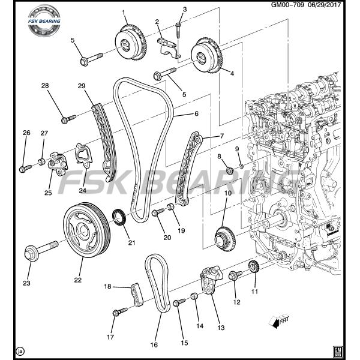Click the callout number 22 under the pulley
tap(78, 280)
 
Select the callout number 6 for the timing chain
tap(196, 113)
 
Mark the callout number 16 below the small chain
tap(154, 345)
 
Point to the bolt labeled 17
tap(119, 312)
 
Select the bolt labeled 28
tap(67, 118)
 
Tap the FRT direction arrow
tap(278, 322)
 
